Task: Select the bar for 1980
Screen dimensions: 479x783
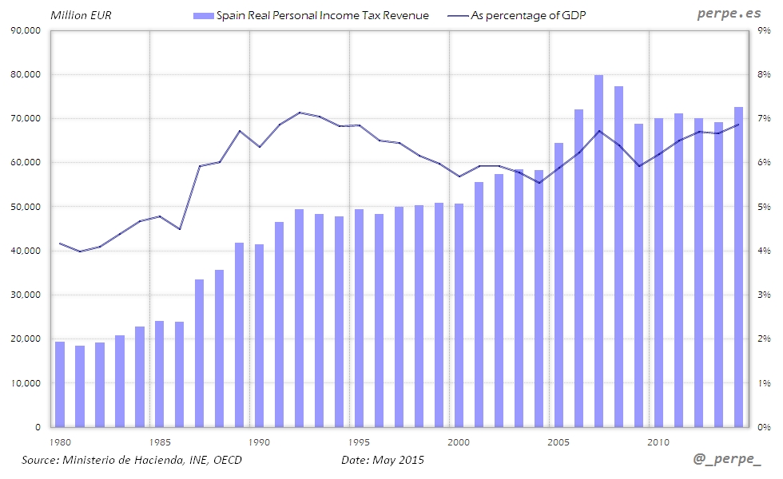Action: tap(60, 384)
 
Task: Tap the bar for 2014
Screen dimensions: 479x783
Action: tap(739, 267)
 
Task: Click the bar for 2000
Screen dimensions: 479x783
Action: tap(459, 315)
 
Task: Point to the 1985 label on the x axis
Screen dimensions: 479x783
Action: tap(160, 441)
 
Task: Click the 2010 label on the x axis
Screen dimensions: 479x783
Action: tap(658, 441)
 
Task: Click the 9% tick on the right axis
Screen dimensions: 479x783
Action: tap(764, 30)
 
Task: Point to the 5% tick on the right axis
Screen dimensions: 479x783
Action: tap(764, 207)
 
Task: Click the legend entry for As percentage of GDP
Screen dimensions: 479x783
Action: tap(523, 15)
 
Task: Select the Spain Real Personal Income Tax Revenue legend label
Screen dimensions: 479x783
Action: tap(323, 15)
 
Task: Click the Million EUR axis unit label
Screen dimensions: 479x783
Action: tap(75, 15)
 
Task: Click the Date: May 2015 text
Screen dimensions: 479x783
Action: tap(383, 461)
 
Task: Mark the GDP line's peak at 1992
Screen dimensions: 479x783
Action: tap(300, 113)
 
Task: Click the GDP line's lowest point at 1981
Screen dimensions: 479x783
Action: tap(80, 251)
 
